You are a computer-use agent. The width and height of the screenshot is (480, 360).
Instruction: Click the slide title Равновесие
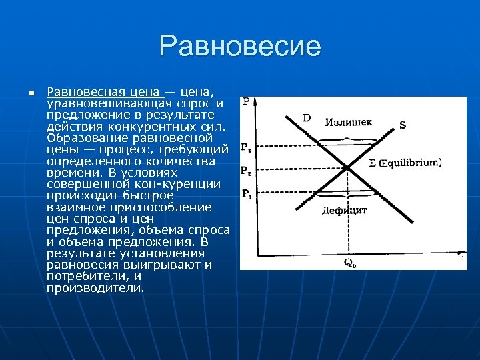pos(240,46)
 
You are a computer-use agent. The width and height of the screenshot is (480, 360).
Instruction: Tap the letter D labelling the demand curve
pos(307,117)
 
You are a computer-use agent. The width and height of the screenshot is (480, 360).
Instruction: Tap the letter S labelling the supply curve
pos(403,124)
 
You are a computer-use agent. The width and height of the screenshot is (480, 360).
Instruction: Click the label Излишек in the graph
pos(349,122)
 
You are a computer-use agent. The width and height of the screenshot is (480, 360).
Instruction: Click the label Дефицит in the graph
pos(344,210)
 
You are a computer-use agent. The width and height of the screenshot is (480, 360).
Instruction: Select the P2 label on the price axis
pos(245,147)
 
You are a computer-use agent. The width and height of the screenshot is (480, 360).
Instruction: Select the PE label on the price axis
pos(245,170)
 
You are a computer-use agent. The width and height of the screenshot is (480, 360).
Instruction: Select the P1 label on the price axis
pos(245,194)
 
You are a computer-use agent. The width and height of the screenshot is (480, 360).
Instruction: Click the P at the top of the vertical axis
pos(247,102)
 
